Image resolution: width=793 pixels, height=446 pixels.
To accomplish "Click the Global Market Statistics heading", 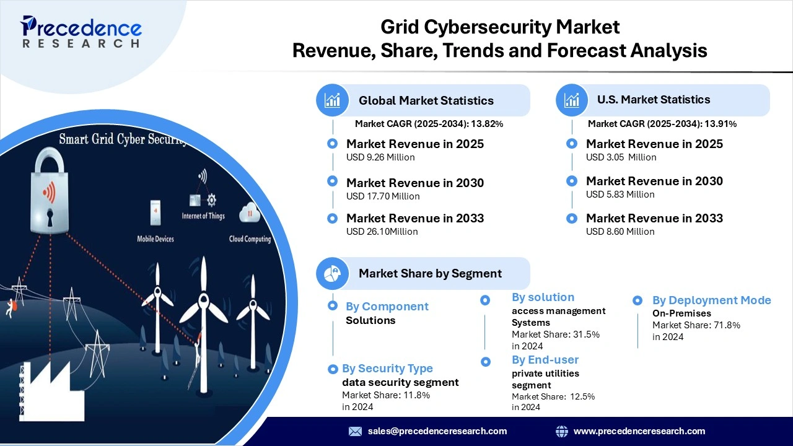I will (426, 100).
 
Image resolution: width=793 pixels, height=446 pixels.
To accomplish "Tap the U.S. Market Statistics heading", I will (653, 99).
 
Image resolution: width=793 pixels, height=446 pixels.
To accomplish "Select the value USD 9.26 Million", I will (380, 157).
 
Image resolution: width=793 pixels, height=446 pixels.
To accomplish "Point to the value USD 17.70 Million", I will (383, 196).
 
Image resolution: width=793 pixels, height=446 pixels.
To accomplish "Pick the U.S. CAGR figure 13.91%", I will (720, 124).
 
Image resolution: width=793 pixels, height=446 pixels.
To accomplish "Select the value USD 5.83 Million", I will (620, 195).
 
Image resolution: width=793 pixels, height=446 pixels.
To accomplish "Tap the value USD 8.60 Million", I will (620, 232).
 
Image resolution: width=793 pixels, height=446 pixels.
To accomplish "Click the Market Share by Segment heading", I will (430, 273).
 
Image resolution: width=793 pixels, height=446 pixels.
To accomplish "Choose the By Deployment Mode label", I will (711, 300).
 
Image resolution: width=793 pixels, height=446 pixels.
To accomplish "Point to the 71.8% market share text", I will (696, 325).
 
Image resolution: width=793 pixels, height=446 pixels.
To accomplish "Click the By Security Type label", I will (387, 369).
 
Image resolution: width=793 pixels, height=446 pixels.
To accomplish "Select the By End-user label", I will (545, 360).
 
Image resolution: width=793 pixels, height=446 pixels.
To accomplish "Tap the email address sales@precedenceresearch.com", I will (437, 431).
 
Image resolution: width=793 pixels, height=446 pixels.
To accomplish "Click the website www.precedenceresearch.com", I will (639, 431).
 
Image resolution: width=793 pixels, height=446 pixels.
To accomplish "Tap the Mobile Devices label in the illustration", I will (156, 239).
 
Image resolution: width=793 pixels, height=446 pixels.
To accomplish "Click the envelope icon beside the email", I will (355, 431).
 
